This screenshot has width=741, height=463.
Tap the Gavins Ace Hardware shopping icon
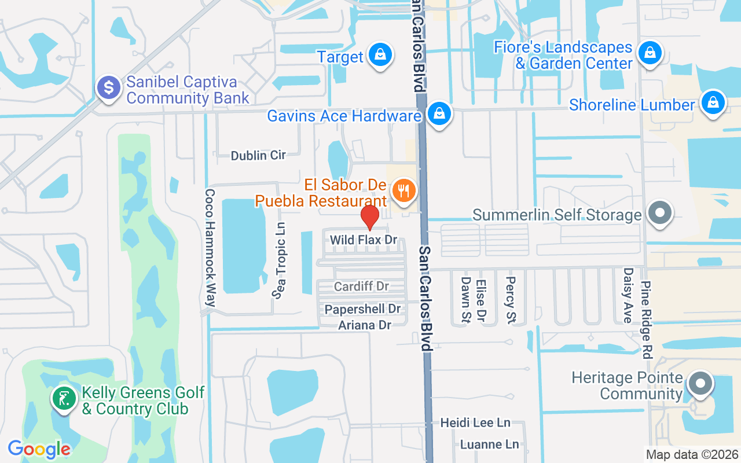[x=440, y=114]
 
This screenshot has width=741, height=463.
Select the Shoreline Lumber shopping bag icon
[x=713, y=103]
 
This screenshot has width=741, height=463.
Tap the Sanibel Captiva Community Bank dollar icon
[x=108, y=89]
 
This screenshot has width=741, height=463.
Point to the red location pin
[x=370, y=218]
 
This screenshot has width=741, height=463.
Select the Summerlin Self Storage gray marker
[x=660, y=213]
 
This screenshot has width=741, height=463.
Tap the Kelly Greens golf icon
[x=64, y=399]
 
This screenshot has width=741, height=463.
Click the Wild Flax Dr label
[x=364, y=240]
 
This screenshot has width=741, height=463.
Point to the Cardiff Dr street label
[x=361, y=286]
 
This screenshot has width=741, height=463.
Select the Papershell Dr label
[x=362, y=310]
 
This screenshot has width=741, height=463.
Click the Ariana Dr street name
[x=365, y=325]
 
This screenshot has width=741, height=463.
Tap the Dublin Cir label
[x=258, y=156]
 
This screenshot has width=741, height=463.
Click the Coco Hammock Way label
[x=210, y=248]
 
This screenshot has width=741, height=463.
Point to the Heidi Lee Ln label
[x=475, y=423]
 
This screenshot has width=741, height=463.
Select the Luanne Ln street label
[x=489, y=444]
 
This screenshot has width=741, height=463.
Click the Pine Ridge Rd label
[x=646, y=321]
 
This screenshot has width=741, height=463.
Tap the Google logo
[x=39, y=449]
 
